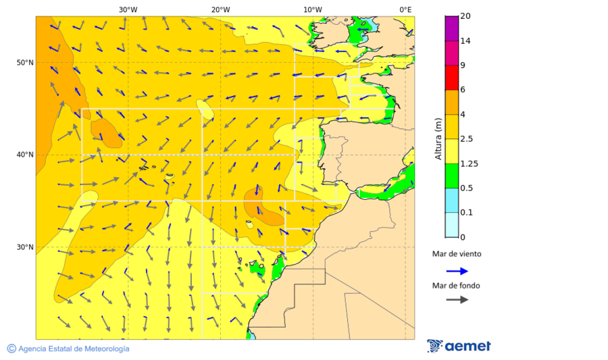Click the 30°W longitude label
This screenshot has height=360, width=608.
coord(128,9)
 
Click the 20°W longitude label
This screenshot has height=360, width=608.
coord(220,9)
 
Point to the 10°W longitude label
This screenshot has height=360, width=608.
coord(312,9)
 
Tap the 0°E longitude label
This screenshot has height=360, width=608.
coord(405,9)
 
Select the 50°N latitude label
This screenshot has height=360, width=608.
coord(25,63)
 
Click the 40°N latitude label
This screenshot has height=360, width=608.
coord(25,155)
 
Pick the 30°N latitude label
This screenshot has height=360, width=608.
coord(25,247)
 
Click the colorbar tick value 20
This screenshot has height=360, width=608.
coord(465,16)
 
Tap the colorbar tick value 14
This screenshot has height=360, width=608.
coord(465,41)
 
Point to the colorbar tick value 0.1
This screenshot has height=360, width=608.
coord(466,213)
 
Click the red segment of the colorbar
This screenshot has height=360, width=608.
coord(451,78)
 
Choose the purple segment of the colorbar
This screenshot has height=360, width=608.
coord(451,28)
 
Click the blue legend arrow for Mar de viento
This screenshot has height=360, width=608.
coord(457,271)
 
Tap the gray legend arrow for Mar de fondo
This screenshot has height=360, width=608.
coord(457,299)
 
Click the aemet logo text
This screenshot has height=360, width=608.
coord(467,346)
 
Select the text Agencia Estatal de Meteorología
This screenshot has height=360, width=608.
coord(74,349)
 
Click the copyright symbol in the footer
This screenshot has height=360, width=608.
coord(11,349)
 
